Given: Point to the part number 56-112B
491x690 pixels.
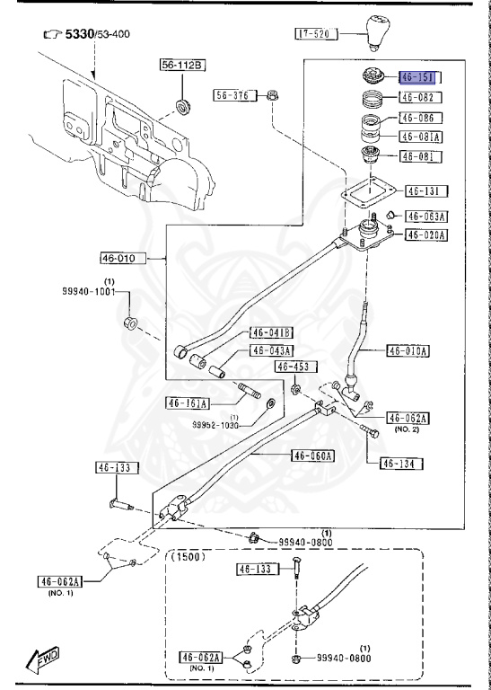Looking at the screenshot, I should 182,65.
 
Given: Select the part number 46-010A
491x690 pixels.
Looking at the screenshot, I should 408,350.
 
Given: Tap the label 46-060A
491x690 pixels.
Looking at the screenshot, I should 311,456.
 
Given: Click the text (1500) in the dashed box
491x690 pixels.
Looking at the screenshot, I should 188,556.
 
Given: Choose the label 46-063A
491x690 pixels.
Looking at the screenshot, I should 427,216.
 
